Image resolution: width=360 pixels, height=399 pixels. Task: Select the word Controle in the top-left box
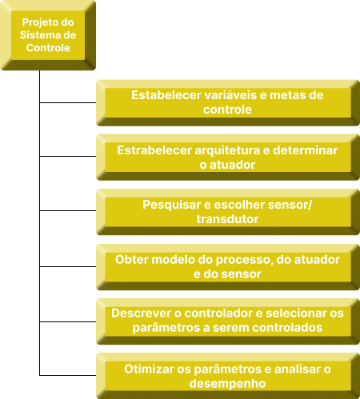[48, 48]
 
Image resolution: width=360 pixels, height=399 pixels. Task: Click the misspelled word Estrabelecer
[154, 150]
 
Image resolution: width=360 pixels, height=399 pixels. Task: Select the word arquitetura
[227, 151]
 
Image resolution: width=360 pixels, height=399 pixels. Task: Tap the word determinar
[306, 150]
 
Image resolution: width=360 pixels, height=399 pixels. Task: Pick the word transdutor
[227, 219]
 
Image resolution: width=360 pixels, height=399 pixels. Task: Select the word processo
[245, 261]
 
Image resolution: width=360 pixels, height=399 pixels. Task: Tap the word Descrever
[142, 313]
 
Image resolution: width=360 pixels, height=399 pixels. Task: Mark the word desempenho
[227, 384]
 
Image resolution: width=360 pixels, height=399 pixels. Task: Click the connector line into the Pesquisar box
[68, 210]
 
